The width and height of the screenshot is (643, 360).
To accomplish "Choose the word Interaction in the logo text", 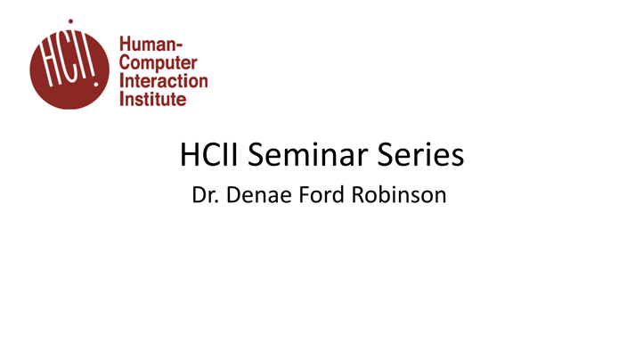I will tap(163, 81).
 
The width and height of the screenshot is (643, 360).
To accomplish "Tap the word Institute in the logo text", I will tap(152, 98).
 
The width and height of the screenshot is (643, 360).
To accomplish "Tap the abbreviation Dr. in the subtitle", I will tap(205, 193).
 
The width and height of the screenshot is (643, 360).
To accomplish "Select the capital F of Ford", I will tap(305, 193).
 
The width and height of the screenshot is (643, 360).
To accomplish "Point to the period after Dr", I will tap(216, 200).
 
